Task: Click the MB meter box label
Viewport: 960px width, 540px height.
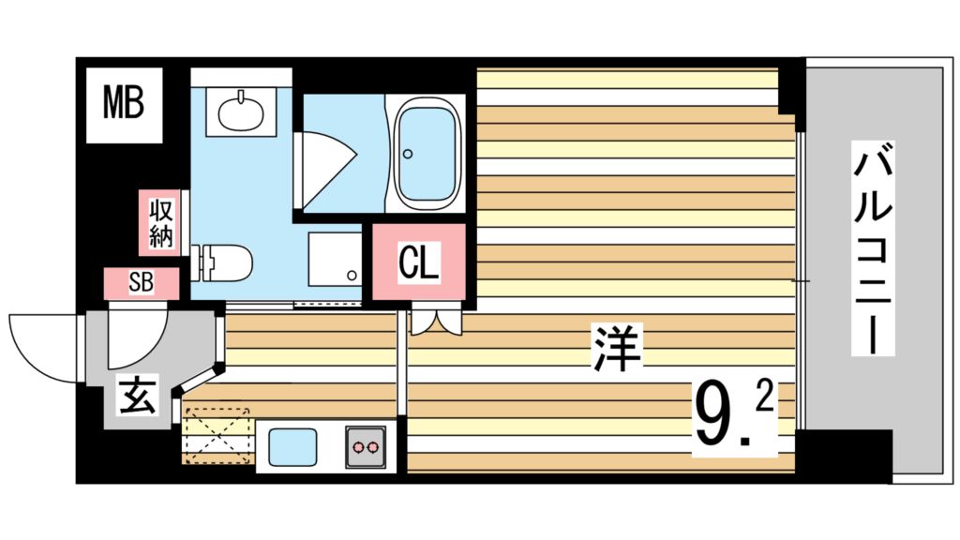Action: pyautogui.click(x=123, y=104)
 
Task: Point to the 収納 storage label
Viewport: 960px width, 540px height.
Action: pyautogui.click(x=160, y=222)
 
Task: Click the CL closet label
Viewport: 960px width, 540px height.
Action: pyautogui.click(x=418, y=263)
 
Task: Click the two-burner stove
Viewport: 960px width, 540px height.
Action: pyautogui.click(x=367, y=447)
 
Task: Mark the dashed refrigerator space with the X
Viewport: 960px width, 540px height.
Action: pyautogui.click(x=216, y=436)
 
